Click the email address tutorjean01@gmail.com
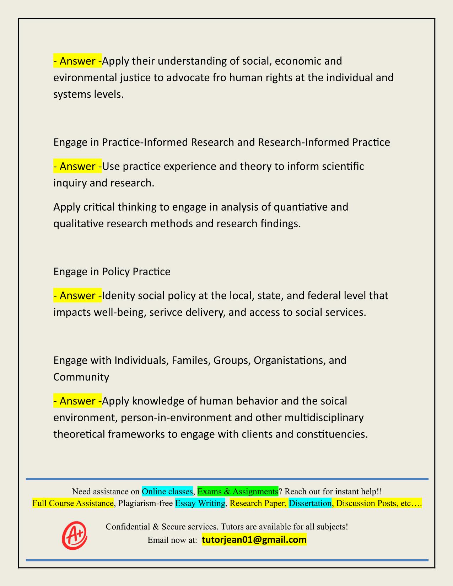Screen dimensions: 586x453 coord(254,540)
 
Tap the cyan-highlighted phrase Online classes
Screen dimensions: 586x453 coord(167,492)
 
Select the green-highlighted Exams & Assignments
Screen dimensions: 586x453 coord(238,492)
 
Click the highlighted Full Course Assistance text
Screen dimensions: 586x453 coord(73,503)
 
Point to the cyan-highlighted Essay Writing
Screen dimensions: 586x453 coord(200,503)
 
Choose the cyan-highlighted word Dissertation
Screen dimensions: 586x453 coord(310,503)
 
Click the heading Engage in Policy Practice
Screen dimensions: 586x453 coord(112,272)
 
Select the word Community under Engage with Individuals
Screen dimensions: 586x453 coord(81,377)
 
